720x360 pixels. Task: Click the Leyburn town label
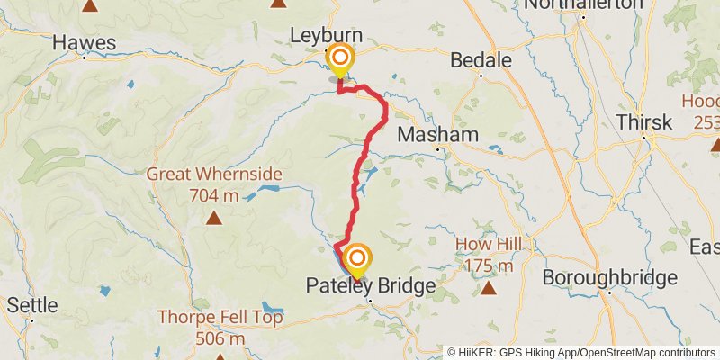click(326, 35)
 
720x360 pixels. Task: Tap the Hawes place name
click(84, 41)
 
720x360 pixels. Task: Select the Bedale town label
click(481, 60)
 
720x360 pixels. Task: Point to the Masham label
click(437, 133)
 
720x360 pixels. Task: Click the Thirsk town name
click(643, 122)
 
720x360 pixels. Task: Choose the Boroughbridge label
click(609, 277)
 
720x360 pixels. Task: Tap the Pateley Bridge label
click(370, 285)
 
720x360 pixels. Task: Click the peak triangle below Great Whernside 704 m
click(214, 217)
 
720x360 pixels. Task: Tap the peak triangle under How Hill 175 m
click(488, 288)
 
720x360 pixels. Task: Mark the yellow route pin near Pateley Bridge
click(357, 262)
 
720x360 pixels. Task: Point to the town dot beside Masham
click(438, 149)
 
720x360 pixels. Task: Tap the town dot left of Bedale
click(480, 77)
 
